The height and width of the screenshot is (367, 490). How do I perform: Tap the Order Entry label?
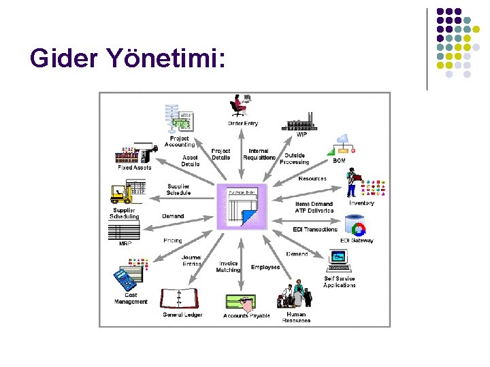(243, 123)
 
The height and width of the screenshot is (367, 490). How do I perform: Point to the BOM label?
(340, 160)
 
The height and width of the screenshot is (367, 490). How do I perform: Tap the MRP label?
(125, 243)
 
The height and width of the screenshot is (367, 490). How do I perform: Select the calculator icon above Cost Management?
(125, 279)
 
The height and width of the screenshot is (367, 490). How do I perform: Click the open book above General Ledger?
(180, 298)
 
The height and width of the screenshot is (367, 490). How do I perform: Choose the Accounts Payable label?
(246, 316)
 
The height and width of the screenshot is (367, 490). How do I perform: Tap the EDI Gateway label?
(357, 241)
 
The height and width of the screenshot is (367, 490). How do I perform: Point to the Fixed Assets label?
(134, 167)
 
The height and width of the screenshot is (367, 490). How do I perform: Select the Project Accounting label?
(180, 141)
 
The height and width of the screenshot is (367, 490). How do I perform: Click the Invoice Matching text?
(229, 267)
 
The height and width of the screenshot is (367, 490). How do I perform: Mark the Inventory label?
(361, 203)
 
